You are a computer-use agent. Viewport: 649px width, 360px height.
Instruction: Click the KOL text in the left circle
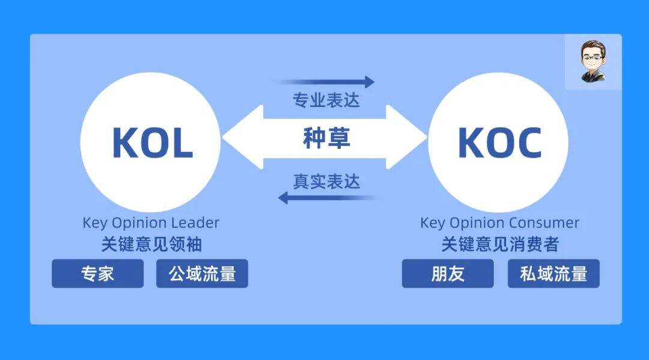pos(153,143)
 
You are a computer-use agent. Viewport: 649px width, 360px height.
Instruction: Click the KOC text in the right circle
pos(500,143)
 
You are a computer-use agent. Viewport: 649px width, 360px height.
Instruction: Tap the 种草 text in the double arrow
pos(326,138)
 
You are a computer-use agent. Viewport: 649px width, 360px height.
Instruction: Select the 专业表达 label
pos(326,100)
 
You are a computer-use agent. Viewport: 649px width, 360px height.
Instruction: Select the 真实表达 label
pos(326,182)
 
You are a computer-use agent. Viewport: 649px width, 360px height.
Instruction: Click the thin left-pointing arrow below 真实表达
pos(329,198)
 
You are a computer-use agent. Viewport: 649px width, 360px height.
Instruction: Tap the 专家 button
pos(98,273)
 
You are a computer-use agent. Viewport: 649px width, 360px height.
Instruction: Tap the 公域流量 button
pos(202,273)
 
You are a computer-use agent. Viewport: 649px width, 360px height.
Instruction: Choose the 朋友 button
pos(448,273)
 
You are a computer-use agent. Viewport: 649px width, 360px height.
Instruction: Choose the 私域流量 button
pos(554,273)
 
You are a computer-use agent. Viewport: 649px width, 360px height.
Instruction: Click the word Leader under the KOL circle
pos(195,222)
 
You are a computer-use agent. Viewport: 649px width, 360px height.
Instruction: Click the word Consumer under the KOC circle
pos(544,222)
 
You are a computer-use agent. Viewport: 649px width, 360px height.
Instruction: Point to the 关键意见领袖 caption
pos(151,244)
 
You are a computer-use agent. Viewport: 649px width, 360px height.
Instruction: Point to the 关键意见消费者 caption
pos(500,244)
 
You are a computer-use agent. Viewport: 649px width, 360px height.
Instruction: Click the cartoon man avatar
pos(593,61)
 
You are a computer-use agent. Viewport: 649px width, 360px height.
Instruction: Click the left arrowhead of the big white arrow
pos(243,138)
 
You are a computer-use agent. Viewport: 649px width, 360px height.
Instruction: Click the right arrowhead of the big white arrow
pos(406,138)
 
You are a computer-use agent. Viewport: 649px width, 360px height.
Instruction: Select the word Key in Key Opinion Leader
pos(96,224)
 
